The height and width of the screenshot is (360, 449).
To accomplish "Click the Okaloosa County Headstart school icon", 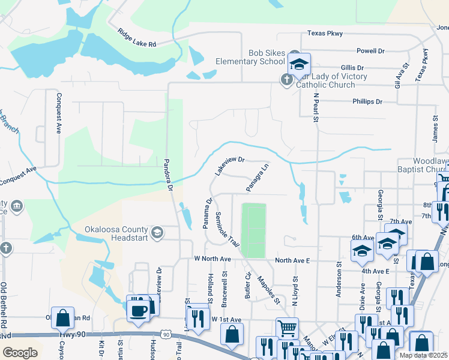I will point(157,232).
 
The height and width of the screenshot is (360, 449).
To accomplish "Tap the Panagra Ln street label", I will point(257,178).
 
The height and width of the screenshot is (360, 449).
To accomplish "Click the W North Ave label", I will point(212,259).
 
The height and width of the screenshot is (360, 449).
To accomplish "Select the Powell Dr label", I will point(370,51).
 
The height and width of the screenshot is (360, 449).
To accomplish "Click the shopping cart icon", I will point(287,328).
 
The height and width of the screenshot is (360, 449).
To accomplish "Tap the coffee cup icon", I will point(138,311).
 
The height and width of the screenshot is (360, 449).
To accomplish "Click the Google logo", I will point(20,353).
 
